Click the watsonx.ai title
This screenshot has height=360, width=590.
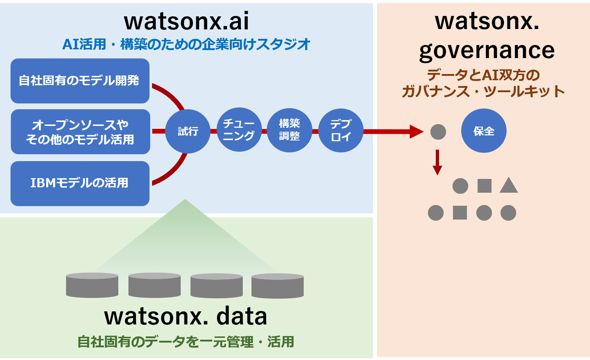[187, 21]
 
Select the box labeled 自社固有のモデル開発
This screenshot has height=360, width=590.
[80, 81]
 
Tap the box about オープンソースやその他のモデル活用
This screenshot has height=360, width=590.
[80, 132]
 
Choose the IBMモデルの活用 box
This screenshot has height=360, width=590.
[80, 184]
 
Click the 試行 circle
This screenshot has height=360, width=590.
[188, 131]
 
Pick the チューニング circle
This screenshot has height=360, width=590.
[239, 130]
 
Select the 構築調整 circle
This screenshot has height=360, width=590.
[290, 130]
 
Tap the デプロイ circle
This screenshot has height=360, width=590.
[341, 130]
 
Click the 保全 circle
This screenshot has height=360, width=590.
[484, 131]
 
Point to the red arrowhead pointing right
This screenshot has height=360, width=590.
[417, 131]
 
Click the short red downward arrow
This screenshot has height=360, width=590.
[438, 163]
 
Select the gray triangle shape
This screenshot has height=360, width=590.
[509, 185]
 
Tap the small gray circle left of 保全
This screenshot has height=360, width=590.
[438, 132]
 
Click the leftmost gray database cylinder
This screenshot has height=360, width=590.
[92, 285]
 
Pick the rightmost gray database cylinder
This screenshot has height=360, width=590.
[278, 286]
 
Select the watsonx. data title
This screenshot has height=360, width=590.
[186, 316]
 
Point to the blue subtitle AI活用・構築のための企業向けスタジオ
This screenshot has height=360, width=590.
[186, 44]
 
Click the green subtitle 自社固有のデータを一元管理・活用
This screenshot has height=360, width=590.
[186, 342]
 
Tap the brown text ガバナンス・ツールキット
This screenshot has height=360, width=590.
[483, 91]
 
